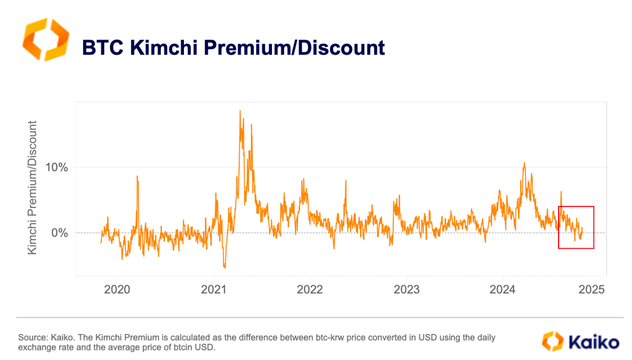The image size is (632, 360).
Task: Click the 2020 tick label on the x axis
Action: pos(118,290)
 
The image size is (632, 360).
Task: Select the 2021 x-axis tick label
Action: pos(214,290)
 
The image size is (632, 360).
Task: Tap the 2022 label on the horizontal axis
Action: pos(310,290)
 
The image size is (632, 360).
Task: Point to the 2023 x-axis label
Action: pos(406,290)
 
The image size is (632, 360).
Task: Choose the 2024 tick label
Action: pos(503,290)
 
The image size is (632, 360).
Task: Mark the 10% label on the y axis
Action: pos(56,168)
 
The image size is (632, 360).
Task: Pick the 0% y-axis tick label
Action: pos(60,232)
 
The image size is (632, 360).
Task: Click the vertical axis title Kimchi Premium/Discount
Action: pos(33,187)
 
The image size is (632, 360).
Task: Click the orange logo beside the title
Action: pos(45,39)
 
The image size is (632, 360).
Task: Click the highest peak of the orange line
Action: pos(240,111)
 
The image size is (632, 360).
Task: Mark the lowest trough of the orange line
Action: pos(225,267)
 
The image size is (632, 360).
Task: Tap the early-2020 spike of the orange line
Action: pos(137,177)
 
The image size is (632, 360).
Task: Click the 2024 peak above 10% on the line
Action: pos(524,164)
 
